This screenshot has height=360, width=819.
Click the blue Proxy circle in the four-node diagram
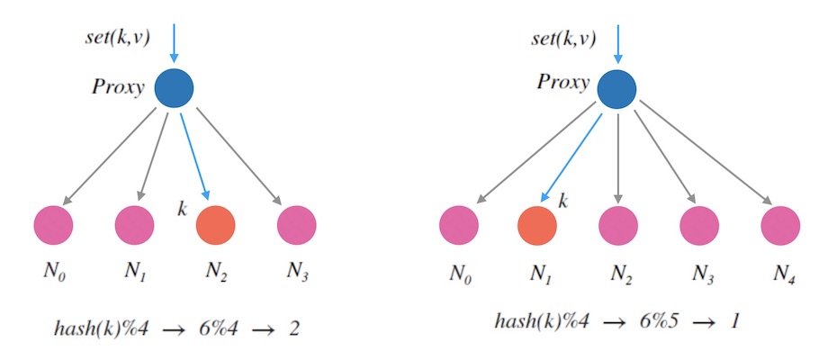coord(175,88)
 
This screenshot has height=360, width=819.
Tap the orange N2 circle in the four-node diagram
coord(216,224)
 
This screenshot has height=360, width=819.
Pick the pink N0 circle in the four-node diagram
coord(52,224)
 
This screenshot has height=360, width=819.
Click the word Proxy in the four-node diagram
coord(118,88)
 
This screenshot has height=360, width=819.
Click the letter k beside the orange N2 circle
coord(184,211)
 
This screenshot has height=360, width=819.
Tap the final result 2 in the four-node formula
coord(293,328)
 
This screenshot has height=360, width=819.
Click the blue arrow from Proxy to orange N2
coord(196,155)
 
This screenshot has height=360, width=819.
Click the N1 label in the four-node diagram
coord(136,273)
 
